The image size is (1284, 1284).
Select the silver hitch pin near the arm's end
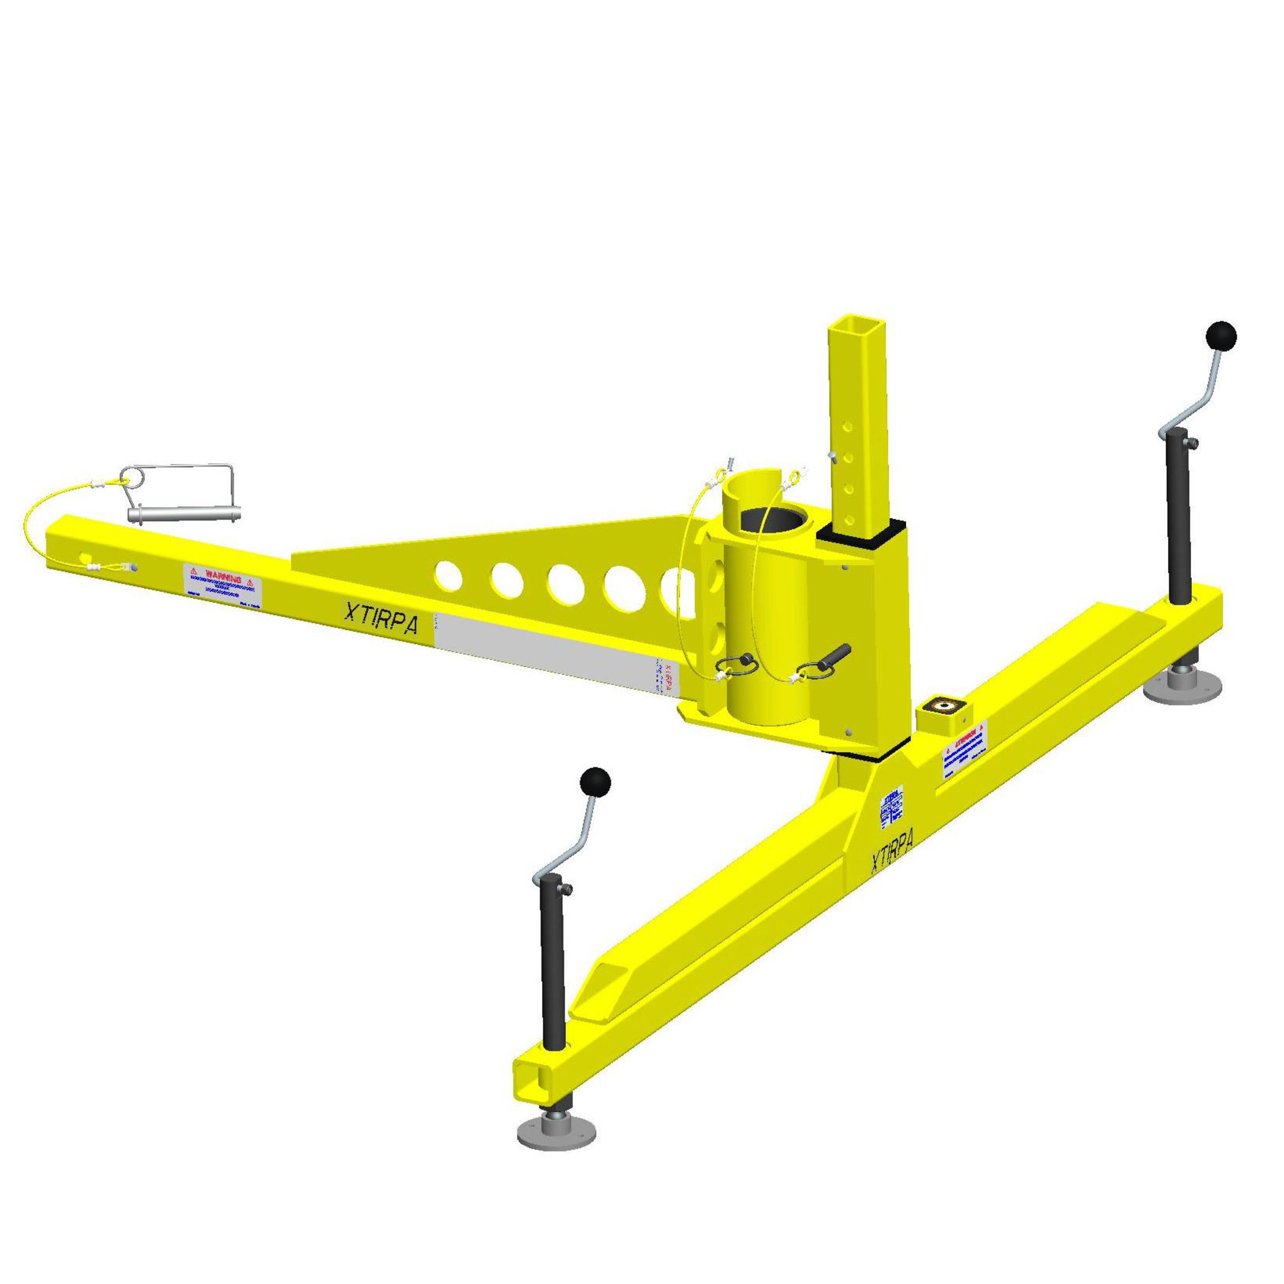click(184, 513)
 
